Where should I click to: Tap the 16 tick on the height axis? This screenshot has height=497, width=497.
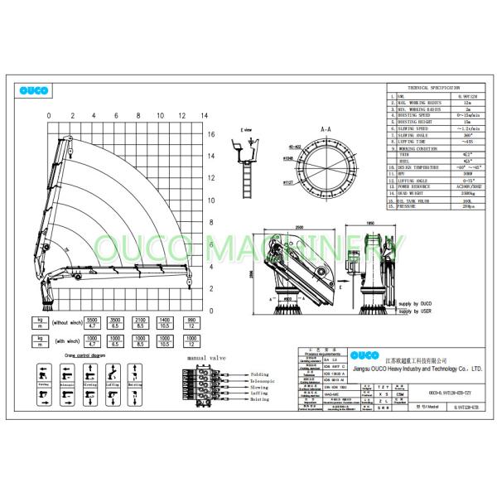[211, 133]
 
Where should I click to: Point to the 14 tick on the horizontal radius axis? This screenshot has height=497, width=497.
[204, 115]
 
